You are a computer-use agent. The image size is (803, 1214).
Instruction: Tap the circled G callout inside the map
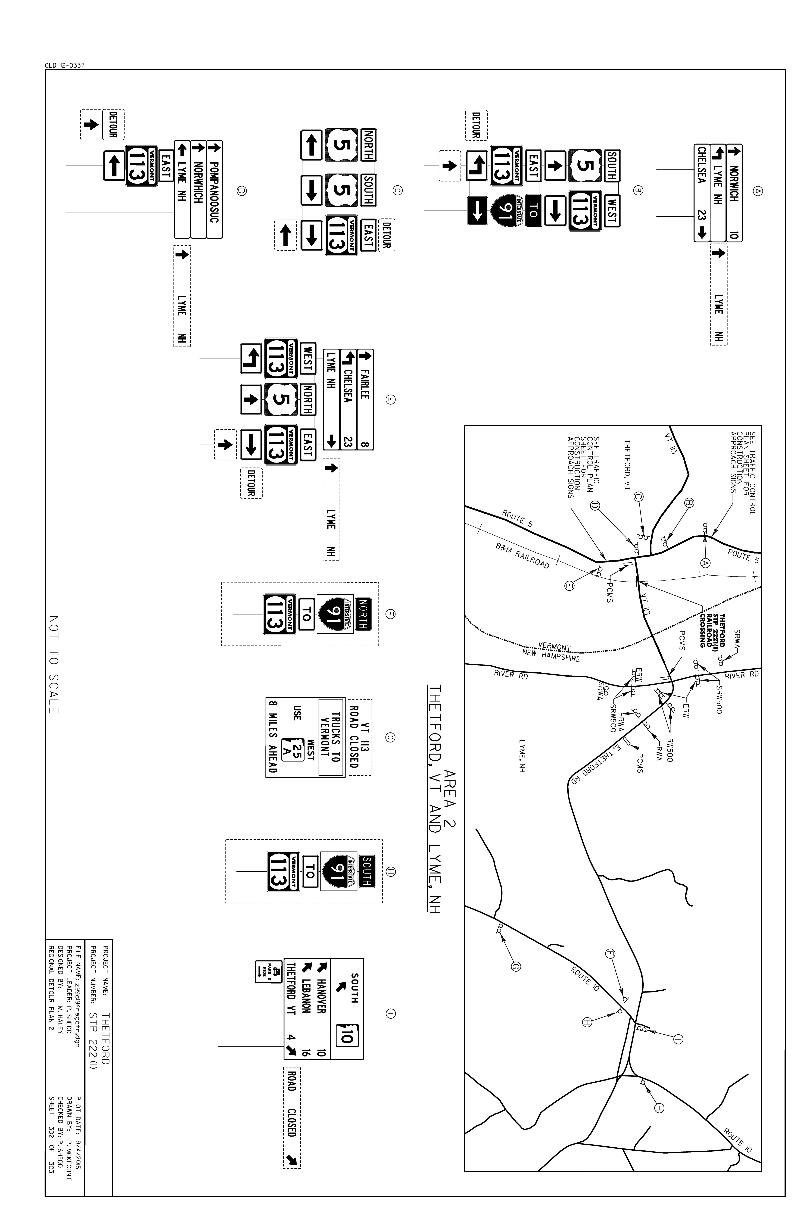[x=516, y=967]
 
